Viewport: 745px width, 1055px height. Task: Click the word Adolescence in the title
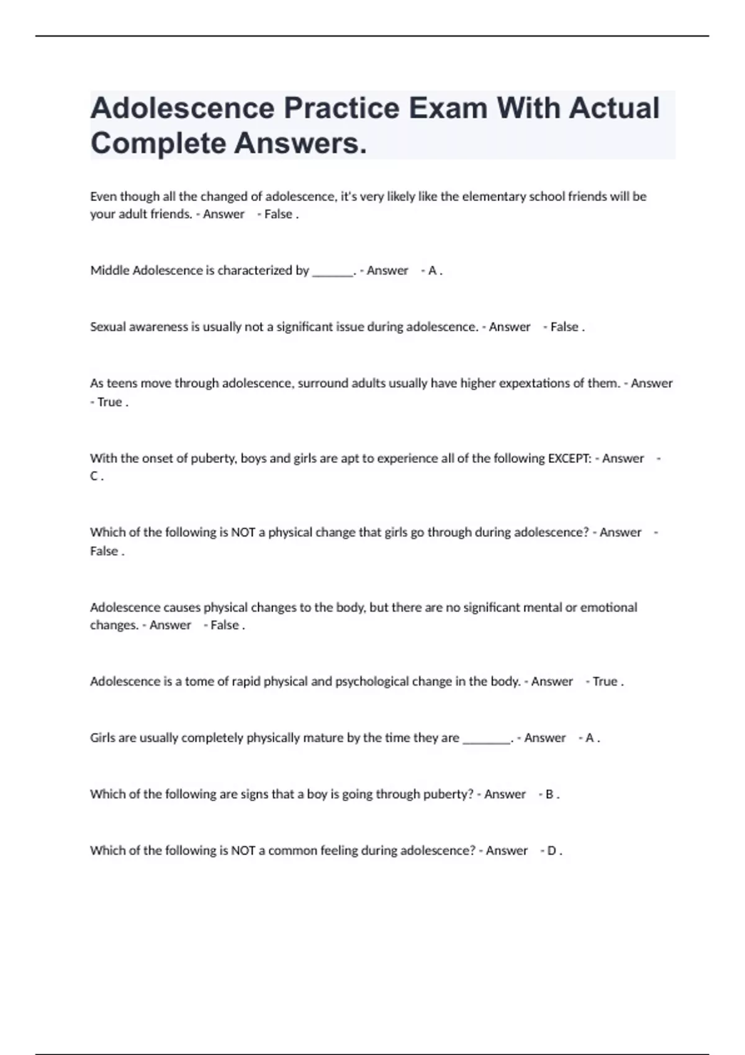183,108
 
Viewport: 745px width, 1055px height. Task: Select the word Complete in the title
157,143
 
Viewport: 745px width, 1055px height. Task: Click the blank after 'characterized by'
333,272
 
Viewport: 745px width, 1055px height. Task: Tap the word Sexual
107,327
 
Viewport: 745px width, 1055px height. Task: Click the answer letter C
94,477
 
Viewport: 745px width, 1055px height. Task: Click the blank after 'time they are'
487,739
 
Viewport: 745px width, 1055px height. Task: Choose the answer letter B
549,794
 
